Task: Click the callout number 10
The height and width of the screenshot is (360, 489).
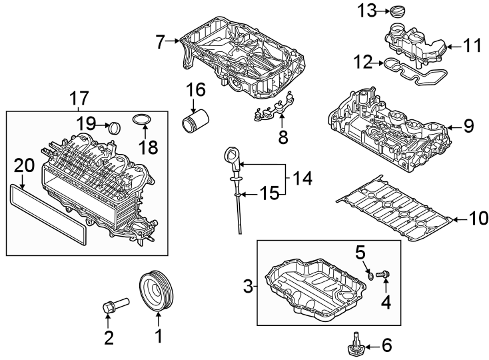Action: point(478,218)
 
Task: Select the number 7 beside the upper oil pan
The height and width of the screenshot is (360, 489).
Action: point(159,42)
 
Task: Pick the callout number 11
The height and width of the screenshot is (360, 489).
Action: point(472,46)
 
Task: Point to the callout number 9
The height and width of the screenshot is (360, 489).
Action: point(468,125)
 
